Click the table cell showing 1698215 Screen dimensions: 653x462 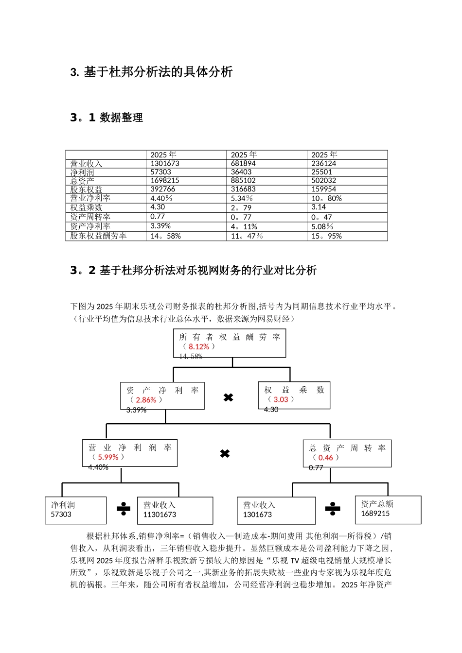coord(165,180)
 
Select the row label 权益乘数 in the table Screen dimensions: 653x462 coord(86,207)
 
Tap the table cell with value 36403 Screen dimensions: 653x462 coord(241,172)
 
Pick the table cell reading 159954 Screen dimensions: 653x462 coord(323,189)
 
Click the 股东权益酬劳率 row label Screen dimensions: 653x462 coord(98,236)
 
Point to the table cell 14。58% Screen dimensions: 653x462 coord(165,236)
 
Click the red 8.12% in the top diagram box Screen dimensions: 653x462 coord(198,346)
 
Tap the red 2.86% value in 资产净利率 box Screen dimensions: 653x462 coord(146,400)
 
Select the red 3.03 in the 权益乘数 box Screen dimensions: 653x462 coord(281,399)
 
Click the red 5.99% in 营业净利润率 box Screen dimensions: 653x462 coord(108,457)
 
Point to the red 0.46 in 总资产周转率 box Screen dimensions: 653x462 coord(325,458)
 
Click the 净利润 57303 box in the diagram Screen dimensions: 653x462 coord(75,510)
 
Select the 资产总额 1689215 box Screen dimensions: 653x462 coord(388,510)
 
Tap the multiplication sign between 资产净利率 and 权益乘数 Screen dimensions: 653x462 coord(228,397)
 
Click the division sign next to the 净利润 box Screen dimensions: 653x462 coord(123,509)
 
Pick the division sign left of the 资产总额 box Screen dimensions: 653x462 coord(333,509)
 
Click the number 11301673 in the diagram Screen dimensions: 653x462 coord(160,515)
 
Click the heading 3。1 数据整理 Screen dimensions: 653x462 coord(107,118)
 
